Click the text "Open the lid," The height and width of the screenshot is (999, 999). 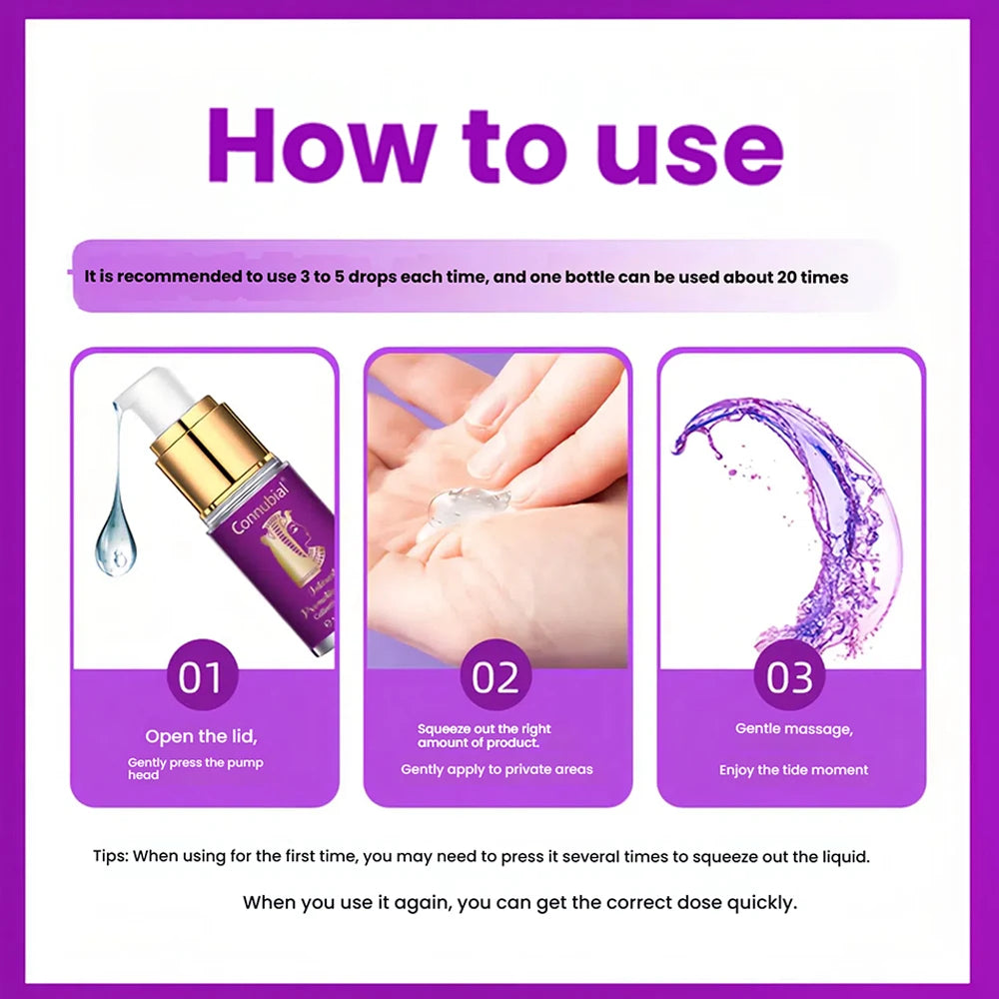point(201,737)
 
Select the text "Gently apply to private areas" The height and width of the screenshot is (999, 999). point(497,769)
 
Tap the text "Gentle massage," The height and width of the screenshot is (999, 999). point(794,728)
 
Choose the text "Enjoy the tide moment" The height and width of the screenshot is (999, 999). point(793,769)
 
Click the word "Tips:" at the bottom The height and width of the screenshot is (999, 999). point(110,856)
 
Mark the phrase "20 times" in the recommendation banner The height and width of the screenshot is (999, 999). point(809,277)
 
